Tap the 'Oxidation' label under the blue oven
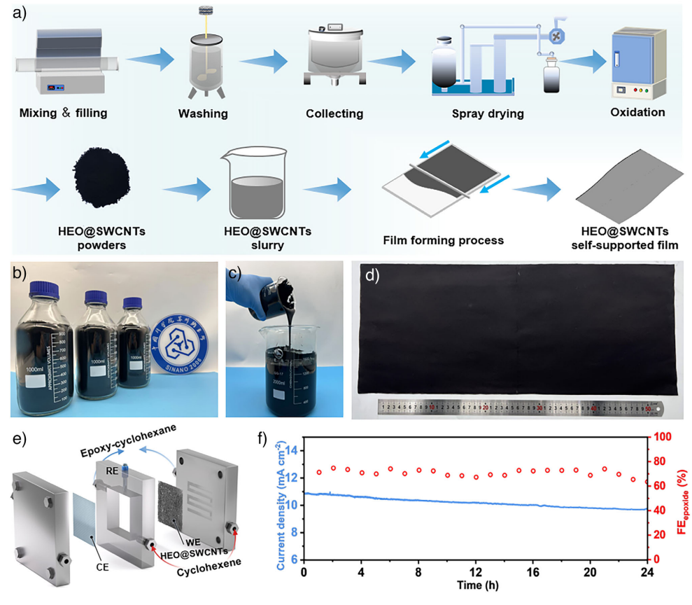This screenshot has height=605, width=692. point(636,111)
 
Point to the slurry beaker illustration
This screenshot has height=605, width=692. point(256,185)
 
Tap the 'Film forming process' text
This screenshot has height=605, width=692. point(444,241)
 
